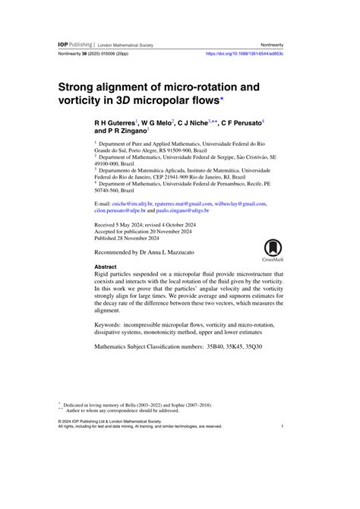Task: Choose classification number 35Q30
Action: [250, 346]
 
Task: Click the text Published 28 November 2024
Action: [134, 239]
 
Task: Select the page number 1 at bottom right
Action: [282, 427]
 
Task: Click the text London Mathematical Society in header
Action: [126, 46]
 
